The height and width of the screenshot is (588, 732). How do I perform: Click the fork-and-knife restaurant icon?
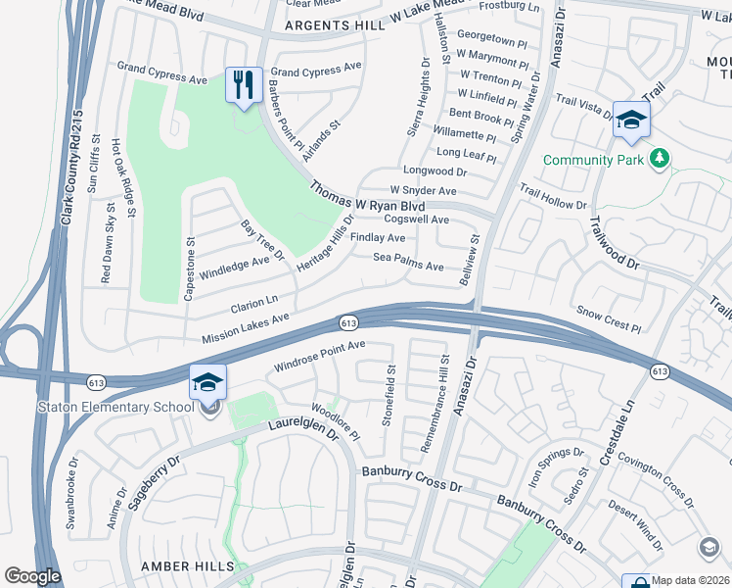(242, 83)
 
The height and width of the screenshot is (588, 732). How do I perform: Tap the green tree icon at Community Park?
(662, 159)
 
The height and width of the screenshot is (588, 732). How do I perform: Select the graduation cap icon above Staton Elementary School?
(207, 382)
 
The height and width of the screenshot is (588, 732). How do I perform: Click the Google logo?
(33, 576)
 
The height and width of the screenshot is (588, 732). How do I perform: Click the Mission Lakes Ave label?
(246, 329)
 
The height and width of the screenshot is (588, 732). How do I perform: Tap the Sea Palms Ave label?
(408, 263)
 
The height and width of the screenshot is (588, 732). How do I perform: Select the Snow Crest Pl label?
(608, 320)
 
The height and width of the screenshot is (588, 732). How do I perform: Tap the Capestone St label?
(190, 267)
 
